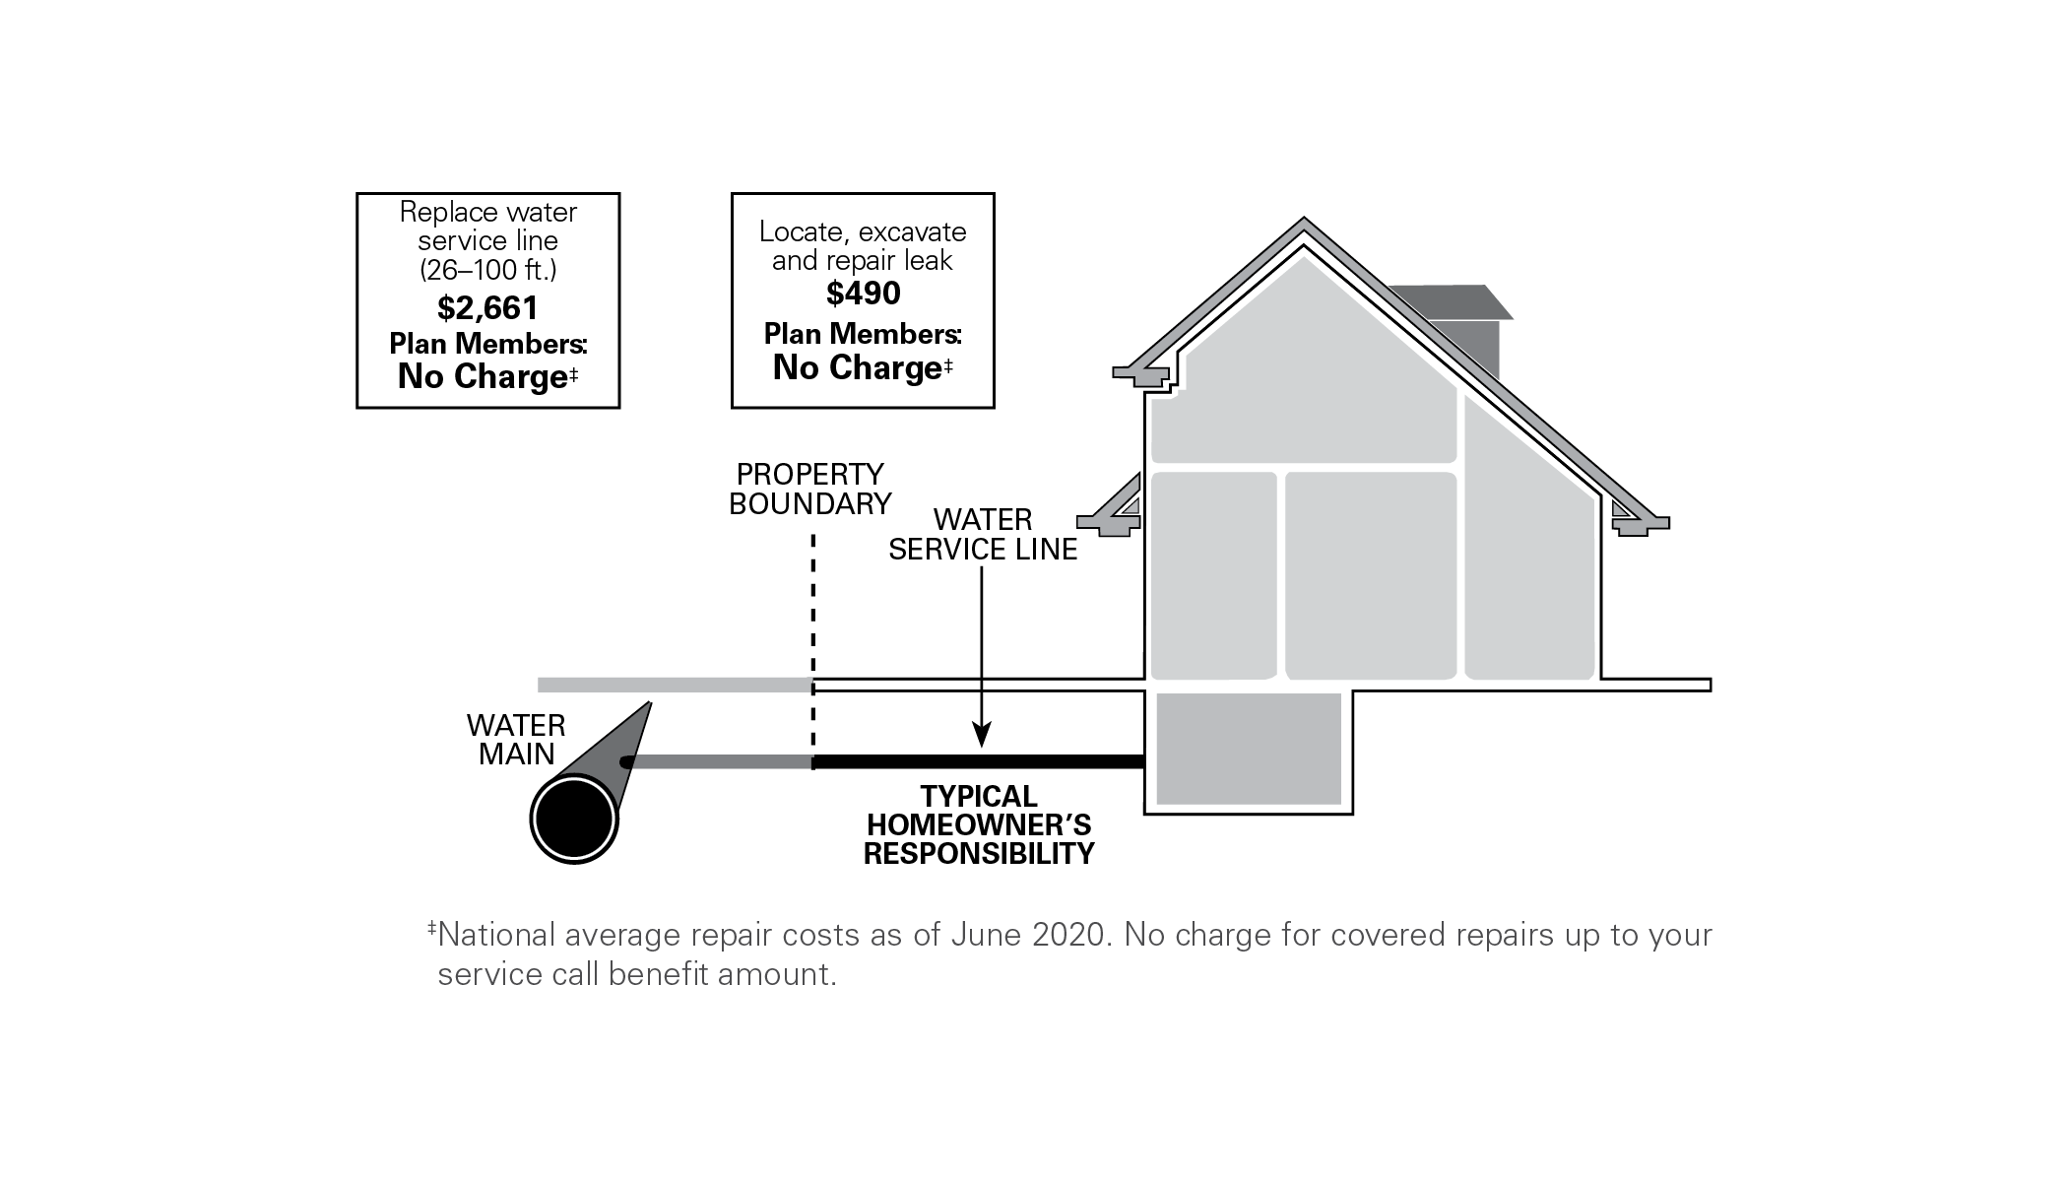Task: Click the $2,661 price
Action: click(x=487, y=308)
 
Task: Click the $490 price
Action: click(x=863, y=294)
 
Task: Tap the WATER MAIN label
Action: click(x=516, y=740)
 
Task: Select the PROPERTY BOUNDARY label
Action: click(x=809, y=490)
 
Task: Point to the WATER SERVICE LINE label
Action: click(x=983, y=535)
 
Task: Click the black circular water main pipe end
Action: click(x=573, y=820)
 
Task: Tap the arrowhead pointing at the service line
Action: click(x=982, y=735)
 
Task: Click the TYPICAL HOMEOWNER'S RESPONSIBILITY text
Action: click(x=979, y=825)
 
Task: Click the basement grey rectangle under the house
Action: click(x=1249, y=749)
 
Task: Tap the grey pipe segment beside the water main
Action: click(x=719, y=761)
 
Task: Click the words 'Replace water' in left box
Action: click(x=487, y=213)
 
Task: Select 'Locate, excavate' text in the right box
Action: click(x=863, y=232)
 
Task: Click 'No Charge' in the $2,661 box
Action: click(x=482, y=377)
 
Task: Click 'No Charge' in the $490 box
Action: click(x=857, y=367)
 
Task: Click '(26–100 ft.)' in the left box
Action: click(x=487, y=269)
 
